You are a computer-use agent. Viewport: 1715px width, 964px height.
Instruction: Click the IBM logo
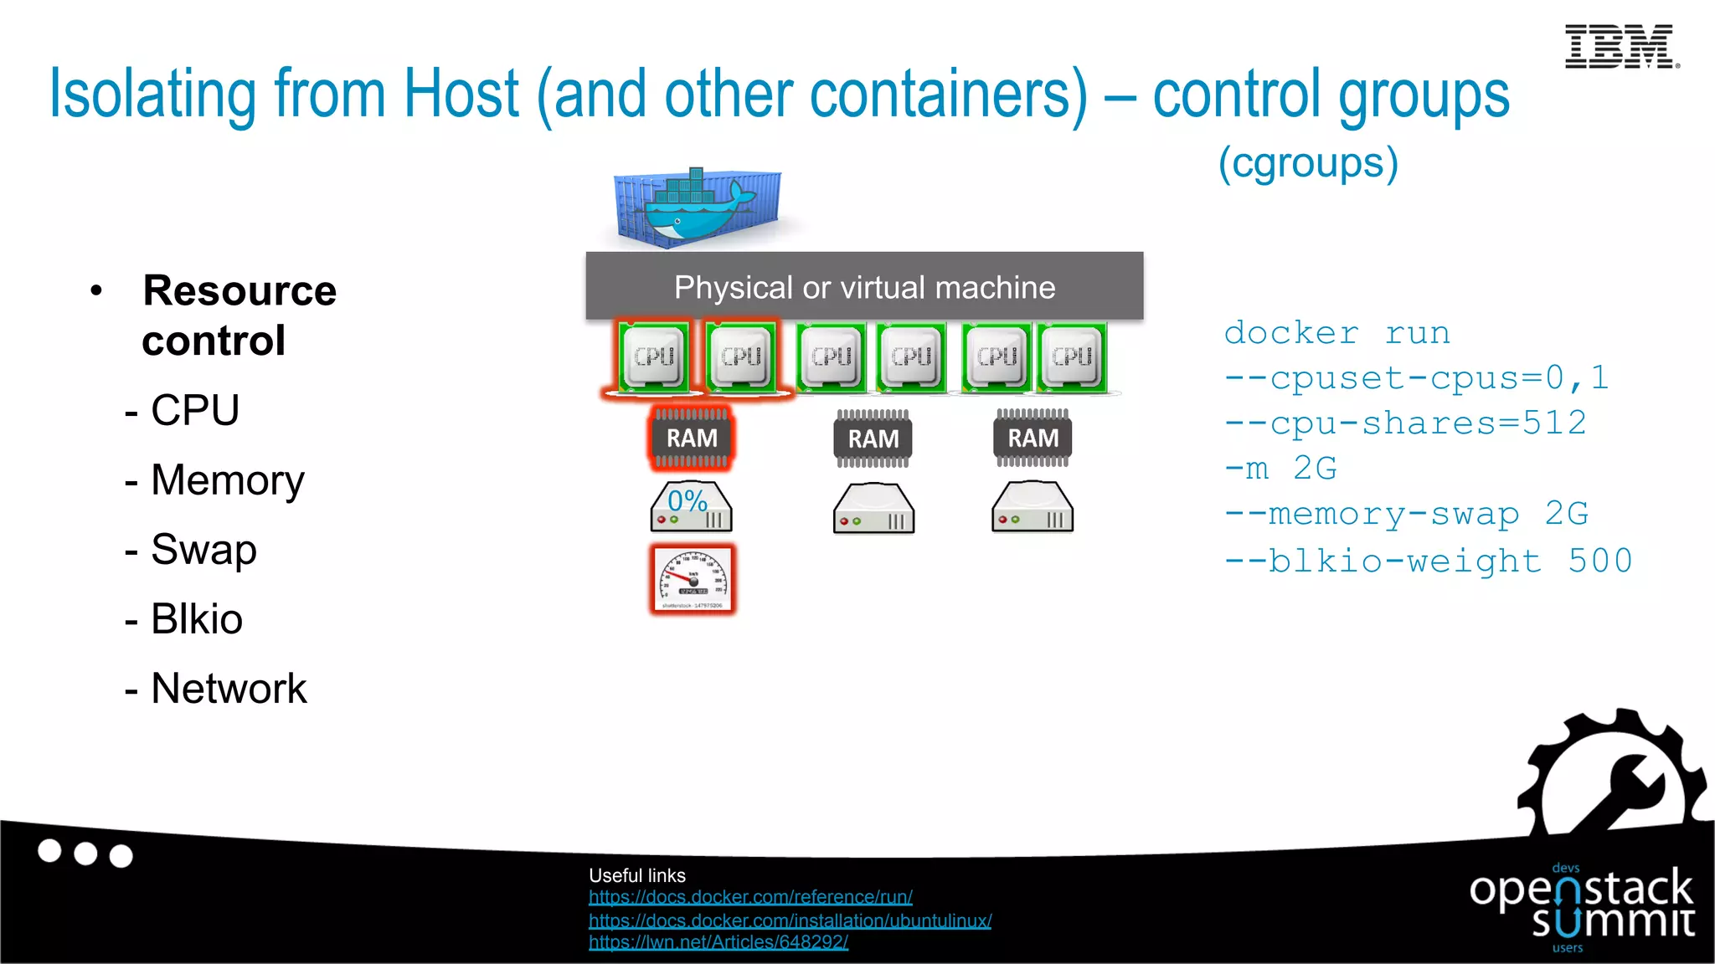pyautogui.click(x=1620, y=47)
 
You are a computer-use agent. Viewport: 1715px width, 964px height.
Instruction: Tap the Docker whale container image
pyautogui.click(x=697, y=207)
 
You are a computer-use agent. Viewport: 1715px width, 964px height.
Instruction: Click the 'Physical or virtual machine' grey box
pyautogui.click(x=864, y=286)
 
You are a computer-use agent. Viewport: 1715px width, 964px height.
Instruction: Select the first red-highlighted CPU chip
pyautogui.click(x=654, y=357)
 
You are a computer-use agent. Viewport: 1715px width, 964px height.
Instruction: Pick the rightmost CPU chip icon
pyautogui.click(x=1072, y=357)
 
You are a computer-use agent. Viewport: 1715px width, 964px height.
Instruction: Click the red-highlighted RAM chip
pyautogui.click(x=692, y=438)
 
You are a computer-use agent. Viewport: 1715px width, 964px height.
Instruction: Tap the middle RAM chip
pyautogui.click(x=873, y=438)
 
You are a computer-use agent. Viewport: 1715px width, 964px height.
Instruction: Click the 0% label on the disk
pyautogui.click(x=688, y=501)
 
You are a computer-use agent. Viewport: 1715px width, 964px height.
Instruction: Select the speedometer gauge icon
pyautogui.click(x=693, y=579)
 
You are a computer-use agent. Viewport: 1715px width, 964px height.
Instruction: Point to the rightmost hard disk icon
pyautogui.click(x=1032, y=507)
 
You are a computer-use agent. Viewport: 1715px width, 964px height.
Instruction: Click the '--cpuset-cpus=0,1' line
pyautogui.click(x=1415, y=378)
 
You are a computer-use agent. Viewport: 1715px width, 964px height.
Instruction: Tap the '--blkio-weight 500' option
pyautogui.click(x=1428, y=561)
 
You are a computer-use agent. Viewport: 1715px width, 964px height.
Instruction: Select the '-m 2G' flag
pyautogui.click(x=1280, y=469)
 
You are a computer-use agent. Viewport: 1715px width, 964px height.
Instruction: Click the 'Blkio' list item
pyautogui.click(x=196, y=619)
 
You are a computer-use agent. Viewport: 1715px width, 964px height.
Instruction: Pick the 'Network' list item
pyautogui.click(x=228, y=689)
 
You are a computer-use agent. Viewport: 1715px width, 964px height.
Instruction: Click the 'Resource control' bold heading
pyautogui.click(x=239, y=315)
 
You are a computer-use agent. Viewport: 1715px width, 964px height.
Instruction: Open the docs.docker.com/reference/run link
pyautogui.click(x=750, y=897)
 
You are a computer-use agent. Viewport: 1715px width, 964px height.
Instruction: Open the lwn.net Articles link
pyautogui.click(x=718, y=942)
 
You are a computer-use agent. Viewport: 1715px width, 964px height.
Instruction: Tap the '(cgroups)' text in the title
pyautogui.click(x=1308, y=162)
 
